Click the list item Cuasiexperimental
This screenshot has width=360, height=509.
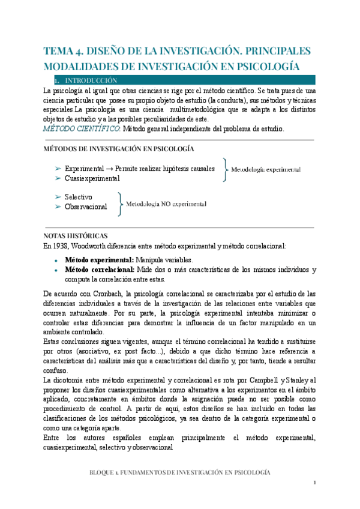tap(92, 178)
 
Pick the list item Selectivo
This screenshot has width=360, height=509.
tap(78, 197)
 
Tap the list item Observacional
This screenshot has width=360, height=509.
tap(86, 206)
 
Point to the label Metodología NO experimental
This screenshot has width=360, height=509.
tap(166, 204)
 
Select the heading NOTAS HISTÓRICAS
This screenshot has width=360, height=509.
tap(76, 236)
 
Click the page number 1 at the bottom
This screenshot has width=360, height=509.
tap(314, 483)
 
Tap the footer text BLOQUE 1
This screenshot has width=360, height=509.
tap(106, 472)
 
